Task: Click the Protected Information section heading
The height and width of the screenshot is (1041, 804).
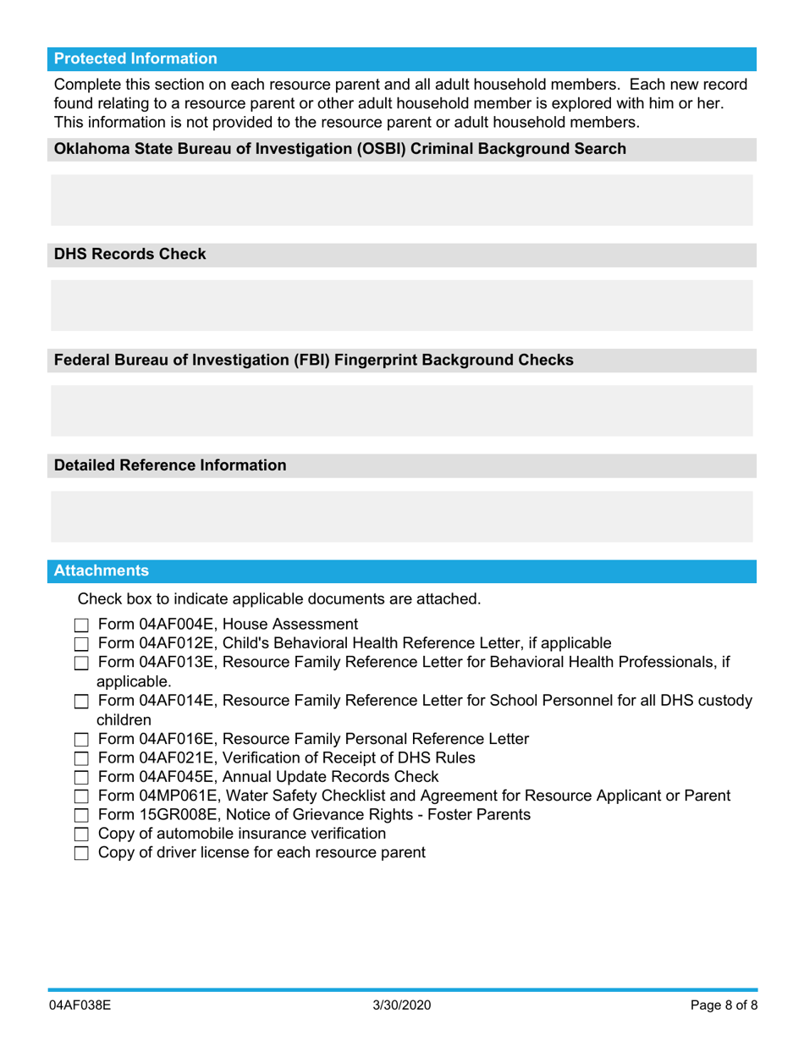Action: (135, 58)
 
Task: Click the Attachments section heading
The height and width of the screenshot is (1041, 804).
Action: (102, 570)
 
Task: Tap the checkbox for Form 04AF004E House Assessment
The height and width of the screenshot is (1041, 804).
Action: (81, 626)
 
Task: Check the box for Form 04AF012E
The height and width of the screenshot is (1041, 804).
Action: (81, 644)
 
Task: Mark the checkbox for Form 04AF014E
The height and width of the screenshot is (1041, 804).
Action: (81, 702)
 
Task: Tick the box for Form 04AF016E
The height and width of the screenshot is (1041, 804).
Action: (81, 740)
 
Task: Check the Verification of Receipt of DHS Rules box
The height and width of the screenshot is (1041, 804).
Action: (81, 758)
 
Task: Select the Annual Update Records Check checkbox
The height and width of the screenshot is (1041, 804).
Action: (81, 778)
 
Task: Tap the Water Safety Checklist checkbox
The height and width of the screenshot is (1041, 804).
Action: (81, 796)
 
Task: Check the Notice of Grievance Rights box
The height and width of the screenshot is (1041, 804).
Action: (81, 816)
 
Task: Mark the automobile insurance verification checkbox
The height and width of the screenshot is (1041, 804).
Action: (81, 834)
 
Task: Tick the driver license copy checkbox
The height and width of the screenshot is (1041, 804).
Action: (81, 854)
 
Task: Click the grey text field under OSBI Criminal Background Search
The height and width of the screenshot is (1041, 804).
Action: (401, 200)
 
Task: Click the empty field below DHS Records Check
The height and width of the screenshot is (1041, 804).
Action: (401, 305)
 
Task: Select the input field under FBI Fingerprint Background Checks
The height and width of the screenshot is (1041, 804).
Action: (401, 410)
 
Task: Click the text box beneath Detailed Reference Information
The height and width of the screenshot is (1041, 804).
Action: (401, 516)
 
